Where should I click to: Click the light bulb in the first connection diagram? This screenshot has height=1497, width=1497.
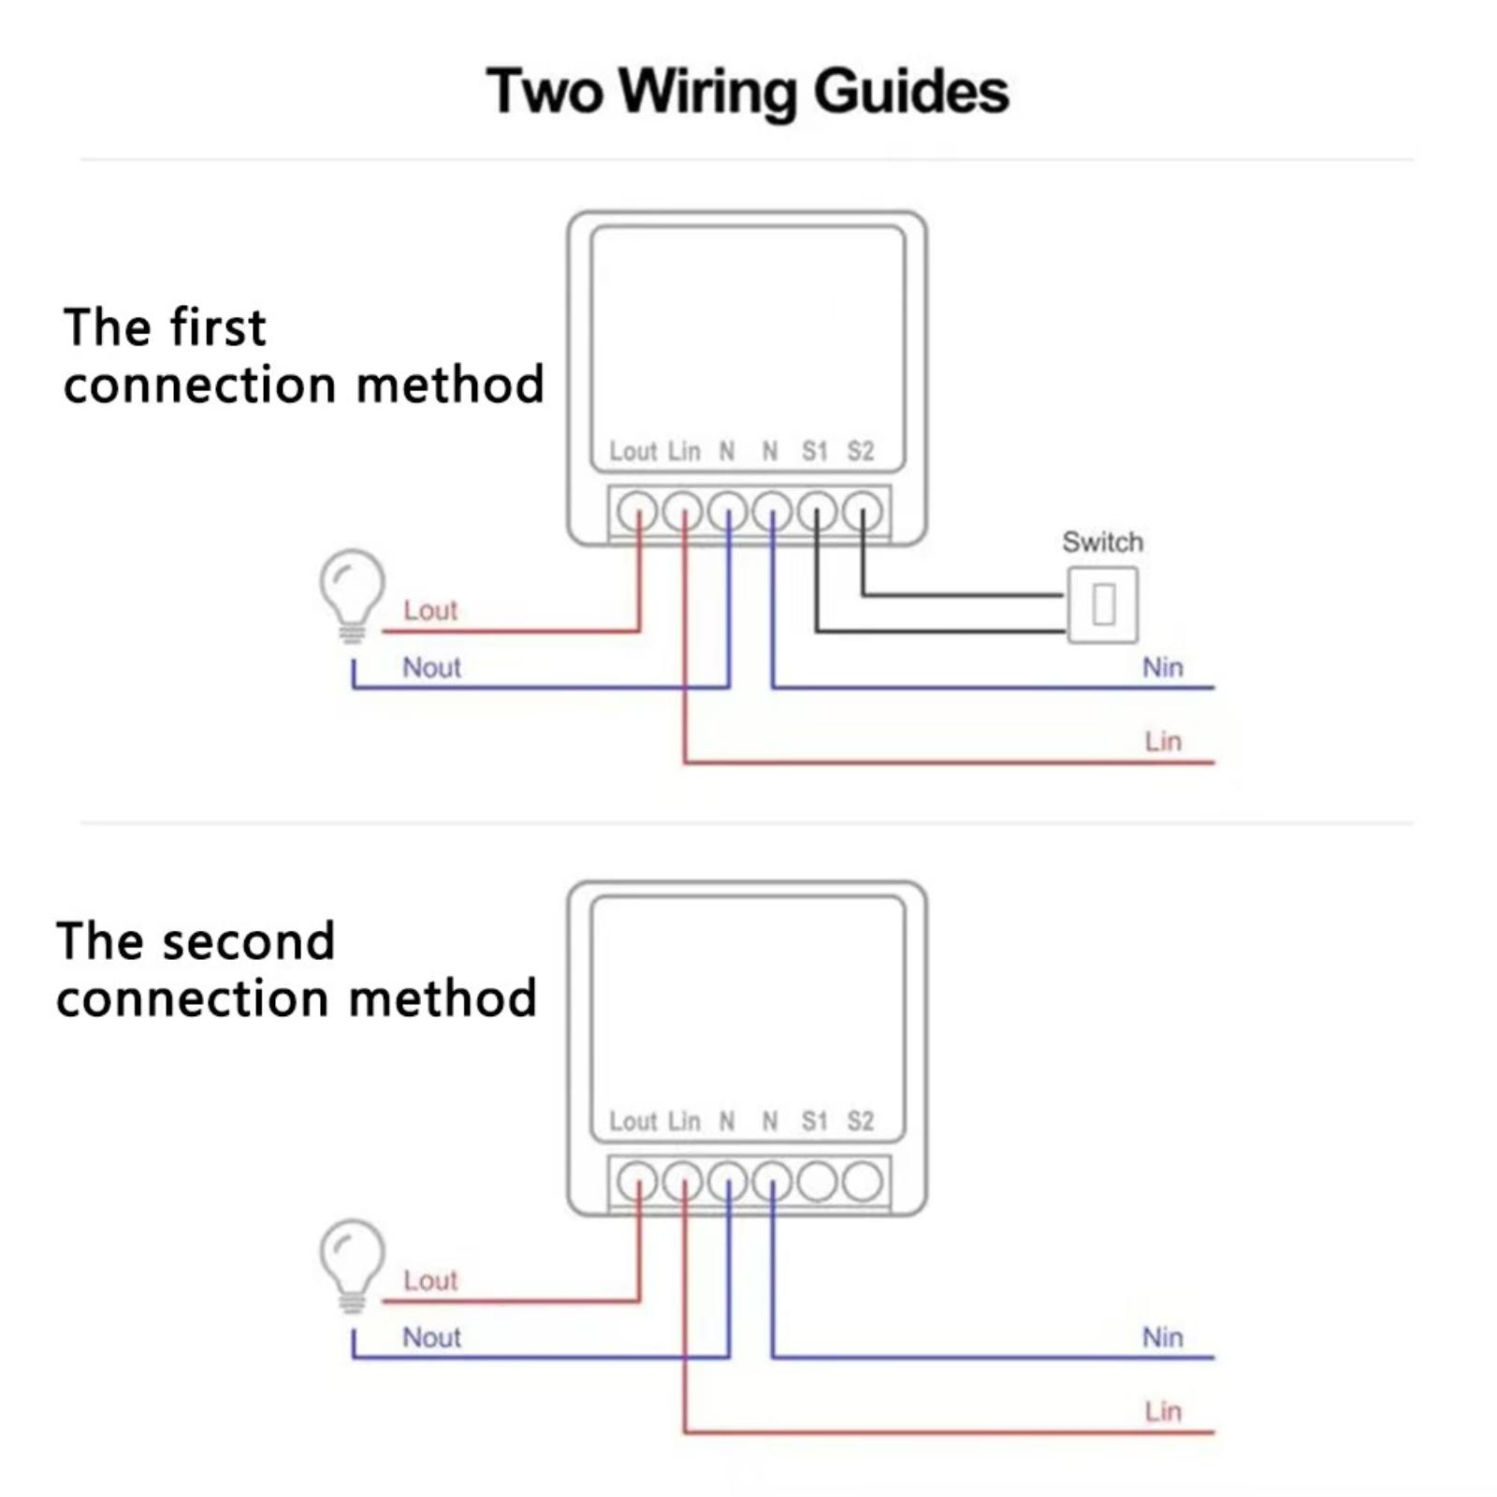pyautogui.click(x=352, y=595)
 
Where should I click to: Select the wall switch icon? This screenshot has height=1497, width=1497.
pyautogui.click(x=1103, y=604)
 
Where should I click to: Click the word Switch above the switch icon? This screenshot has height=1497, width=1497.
pyautogui.click(x=1102, y=542)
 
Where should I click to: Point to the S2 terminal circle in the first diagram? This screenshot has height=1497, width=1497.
pyautogui.click(x=862, y=512)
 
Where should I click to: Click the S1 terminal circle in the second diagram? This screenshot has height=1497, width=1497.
pyautogui.click(x=817, y=1182)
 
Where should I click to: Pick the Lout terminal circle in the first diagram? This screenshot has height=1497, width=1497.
pyautogui.click(x=638, y=512)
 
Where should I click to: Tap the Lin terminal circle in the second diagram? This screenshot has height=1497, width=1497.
pyautogui.click(x=683, y=1182)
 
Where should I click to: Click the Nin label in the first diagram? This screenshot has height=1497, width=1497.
pyautogui.click(x=1162, y=667)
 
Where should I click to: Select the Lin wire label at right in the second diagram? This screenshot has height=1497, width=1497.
pyautogui.click(x=1163, y=1411)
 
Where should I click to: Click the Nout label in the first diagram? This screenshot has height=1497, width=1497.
pyautogui.click(x=431, y=667)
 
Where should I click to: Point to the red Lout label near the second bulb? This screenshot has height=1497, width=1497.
pyautogui.click(x=430, y=1280)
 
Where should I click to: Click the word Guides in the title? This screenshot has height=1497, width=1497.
pyautogui.click(x=911, y=93)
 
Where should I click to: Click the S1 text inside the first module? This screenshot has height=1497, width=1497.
pyautogui.click(x=815, y=451)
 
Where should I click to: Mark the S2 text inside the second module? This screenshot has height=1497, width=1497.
pyautogui.click(x=861, y=1121)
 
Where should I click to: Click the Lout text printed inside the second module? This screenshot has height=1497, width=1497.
pyautogui.click(x=633, y=1121)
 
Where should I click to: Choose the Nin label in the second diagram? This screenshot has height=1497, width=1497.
pyautogui.click(x=1162, y=1337)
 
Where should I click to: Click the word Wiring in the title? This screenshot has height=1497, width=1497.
pyautogui.click(x=707, y=93)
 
